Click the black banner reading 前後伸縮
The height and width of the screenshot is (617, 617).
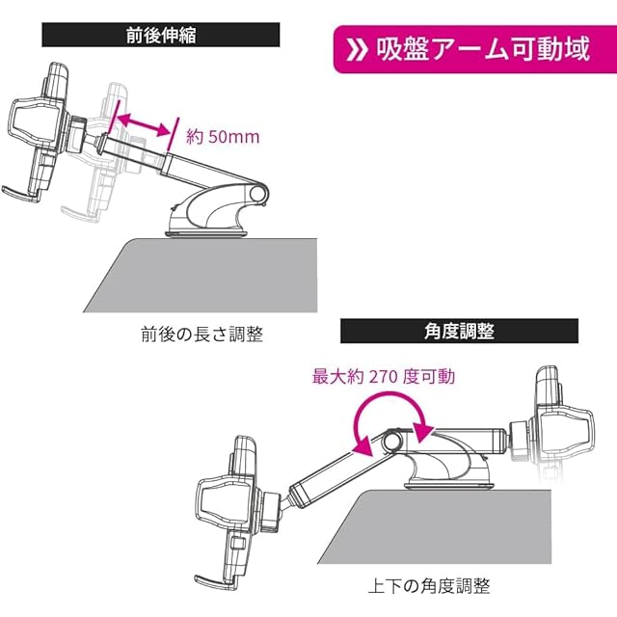[161, 35]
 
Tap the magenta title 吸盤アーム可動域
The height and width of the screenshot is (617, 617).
[483, 49]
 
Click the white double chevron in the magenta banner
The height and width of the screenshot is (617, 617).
[357, 50]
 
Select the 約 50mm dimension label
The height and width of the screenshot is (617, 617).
[223, 137]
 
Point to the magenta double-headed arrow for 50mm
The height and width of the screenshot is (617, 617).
[144, 125]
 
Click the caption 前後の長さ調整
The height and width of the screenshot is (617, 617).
[201, 335]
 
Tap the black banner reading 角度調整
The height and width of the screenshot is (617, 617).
[459, 331]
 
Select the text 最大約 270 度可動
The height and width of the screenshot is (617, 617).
[384, 377]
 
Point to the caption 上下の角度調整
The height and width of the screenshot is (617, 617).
[429, 586]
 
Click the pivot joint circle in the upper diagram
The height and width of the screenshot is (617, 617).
[257, 194]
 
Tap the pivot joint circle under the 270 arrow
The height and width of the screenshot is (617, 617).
[391, 442]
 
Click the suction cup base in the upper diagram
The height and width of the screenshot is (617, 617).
[206, 233]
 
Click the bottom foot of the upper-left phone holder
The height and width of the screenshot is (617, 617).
[20, 195]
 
